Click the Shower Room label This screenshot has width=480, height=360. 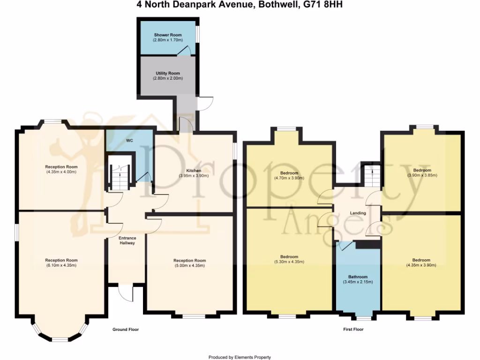[168, 35]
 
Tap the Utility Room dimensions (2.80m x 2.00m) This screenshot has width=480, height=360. [168, 78]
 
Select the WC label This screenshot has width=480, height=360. [130, 140]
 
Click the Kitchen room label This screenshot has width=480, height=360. [194, 171]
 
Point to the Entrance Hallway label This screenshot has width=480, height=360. [127, 240]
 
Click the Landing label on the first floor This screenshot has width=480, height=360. [358, 213]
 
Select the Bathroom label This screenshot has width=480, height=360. [358, 277]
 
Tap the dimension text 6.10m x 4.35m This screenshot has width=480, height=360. [61, 265]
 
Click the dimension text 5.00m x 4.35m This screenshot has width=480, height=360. [189, 266]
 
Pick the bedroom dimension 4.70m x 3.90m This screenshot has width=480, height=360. [289, 179]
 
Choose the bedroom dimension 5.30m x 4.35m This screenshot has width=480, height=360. [289, 262]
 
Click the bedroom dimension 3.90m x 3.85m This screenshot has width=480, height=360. [422, 175]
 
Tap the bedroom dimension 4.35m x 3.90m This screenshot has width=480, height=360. [421, 265]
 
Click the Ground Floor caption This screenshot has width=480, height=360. [126, 330]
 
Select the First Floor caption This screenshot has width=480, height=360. [353, 330]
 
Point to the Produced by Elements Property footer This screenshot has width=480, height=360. [240, 357]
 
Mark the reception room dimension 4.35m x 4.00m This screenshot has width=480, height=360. [61, 172]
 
